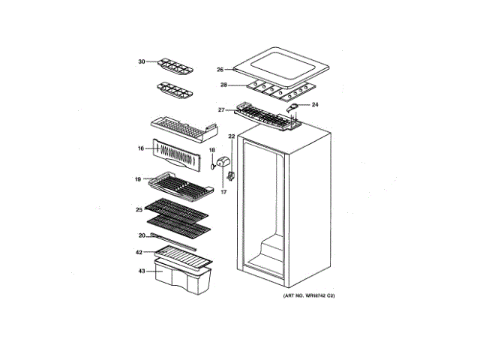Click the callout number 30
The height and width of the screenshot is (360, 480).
(x=141, y=61)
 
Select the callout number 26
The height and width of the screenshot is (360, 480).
(x=221, y=69)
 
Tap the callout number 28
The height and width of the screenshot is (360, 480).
(x=223, y=85)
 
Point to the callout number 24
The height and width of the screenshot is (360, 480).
(x=315, y=104)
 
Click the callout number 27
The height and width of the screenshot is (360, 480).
(x=222, y=110)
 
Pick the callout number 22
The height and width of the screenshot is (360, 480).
(x=232, y=136)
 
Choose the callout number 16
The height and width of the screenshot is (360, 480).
(x=141, y=148)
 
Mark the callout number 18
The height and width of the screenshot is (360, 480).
(x=212, y=151)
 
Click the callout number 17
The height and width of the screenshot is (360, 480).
(x=223, y=192)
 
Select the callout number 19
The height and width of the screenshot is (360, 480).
(x=139, y=179)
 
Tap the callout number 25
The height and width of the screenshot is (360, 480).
(x=139, y=209)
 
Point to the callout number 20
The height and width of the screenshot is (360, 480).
(x=141, y=235)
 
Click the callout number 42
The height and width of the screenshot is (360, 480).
(x=139, y=252)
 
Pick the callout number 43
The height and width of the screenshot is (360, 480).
(x=141, y=270)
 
